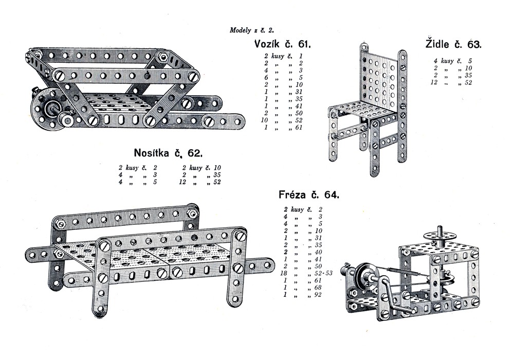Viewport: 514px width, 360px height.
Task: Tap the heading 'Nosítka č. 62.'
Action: coord(168,153)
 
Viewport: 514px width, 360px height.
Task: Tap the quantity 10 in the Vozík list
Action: coord(266,120)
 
